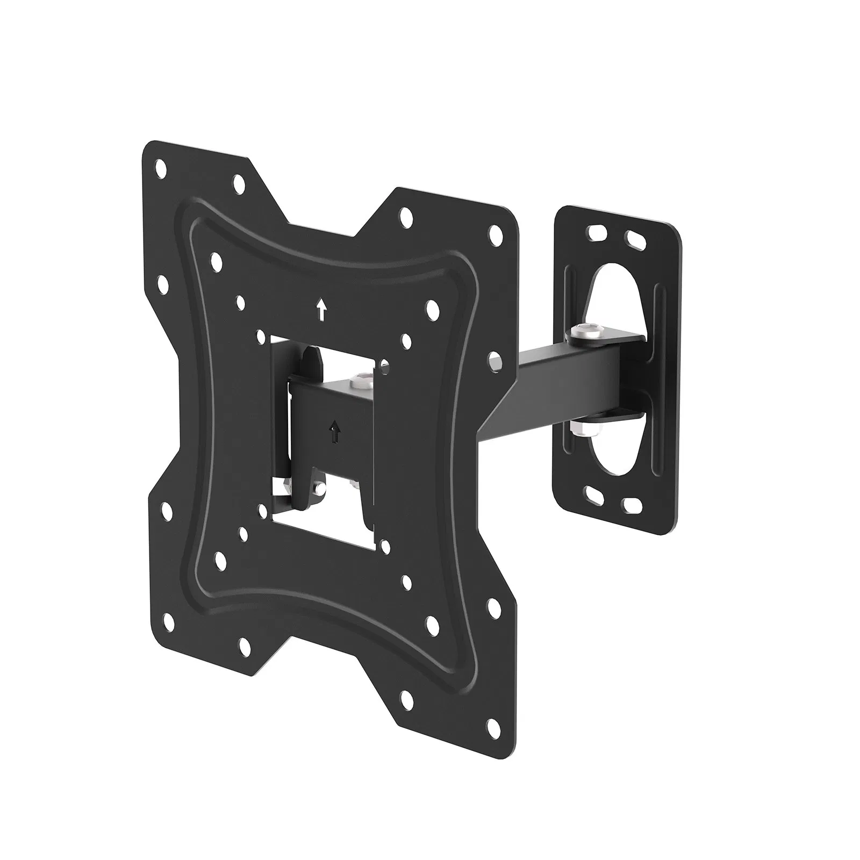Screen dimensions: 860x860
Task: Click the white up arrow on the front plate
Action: pos(321,310)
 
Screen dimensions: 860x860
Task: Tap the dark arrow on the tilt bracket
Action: pos(335,431)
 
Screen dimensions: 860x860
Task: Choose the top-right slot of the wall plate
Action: pos(633,238)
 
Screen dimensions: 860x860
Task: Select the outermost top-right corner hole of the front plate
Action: pos(494,234)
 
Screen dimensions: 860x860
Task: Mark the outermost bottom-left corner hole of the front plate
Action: pos(167,507)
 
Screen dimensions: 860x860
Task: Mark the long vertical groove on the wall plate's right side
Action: pos(660,371)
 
